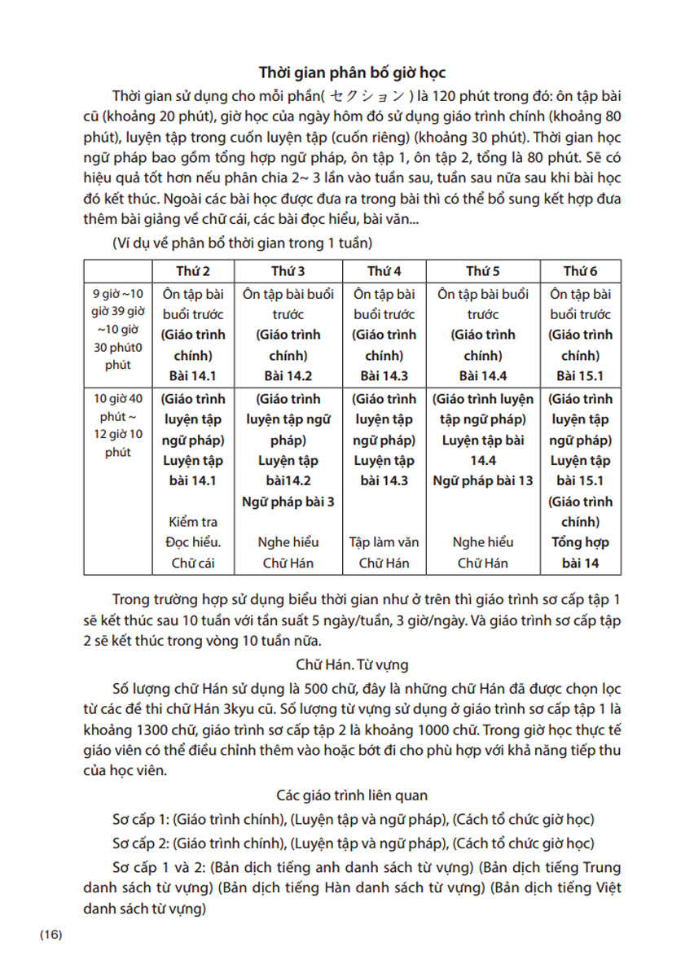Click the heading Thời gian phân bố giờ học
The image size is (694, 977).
(x=351, y=72)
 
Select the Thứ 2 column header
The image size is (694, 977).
(x=193, y=270)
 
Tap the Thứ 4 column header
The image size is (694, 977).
(x=384, y=270)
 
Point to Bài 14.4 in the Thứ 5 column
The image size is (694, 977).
(x=483, y=375)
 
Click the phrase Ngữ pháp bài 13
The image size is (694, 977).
(x=483, y=481)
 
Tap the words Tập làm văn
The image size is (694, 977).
(x=384, y=542)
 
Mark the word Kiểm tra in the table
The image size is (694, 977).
(x=193, y=522)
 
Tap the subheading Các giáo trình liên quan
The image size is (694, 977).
(x=352, y=794)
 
